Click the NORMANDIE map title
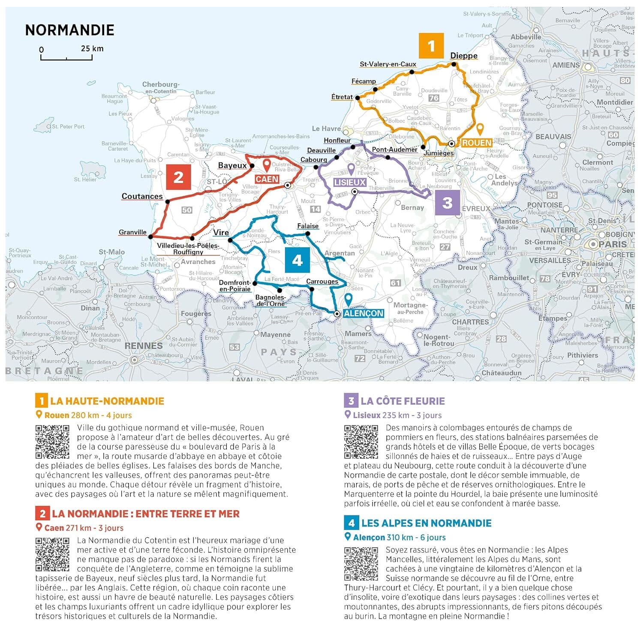(x=70, y=30)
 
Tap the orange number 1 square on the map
(x=431, y=46)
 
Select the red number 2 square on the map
(x=179, y=177)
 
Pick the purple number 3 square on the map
(x=447, y=202)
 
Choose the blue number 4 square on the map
(x=297, y=260)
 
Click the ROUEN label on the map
(x=477, y=143)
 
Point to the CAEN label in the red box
(x=267, y=179)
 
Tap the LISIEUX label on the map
(x=350, y=182)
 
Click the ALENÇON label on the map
(x=364, y=313)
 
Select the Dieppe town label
(x=464, y=56)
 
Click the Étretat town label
(x=342, y=97)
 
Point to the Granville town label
(x=132, y=232)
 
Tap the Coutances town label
(x=142, y=196)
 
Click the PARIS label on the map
(x=613, y=244)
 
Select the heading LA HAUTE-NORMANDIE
(x=107, y=401)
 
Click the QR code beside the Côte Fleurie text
(x=361, y=442)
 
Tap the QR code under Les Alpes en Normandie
(x=361, y=563)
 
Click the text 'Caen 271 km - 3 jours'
(x=84, y=528)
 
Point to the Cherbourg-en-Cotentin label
(x=161, y=87)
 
